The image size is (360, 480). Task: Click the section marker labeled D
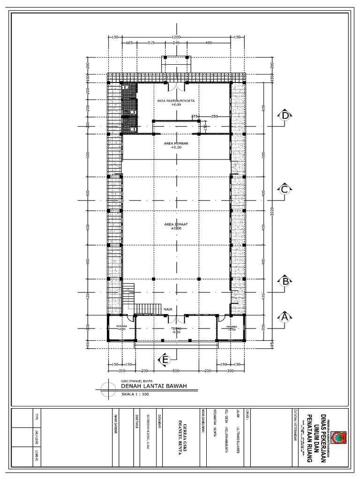click(284, 116)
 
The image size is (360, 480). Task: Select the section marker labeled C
click(284, 189)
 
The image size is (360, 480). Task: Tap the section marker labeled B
click(284, 281)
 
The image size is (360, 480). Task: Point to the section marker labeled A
click(284, 317)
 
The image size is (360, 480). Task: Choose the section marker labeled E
click(164, 360)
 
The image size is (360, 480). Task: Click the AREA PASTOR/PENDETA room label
click(176, 101)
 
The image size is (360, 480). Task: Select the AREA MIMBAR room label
click(176, 143)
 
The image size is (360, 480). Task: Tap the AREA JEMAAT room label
click(176, 225)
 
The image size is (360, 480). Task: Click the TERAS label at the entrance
click(175, 329)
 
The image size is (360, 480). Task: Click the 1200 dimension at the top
click(176, 37)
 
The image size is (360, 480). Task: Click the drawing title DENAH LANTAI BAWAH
click(154, 386)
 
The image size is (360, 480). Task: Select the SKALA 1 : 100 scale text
click(135, 395)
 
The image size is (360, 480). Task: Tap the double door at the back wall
click(176, 87)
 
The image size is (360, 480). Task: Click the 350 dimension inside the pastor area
click(215, 116)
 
